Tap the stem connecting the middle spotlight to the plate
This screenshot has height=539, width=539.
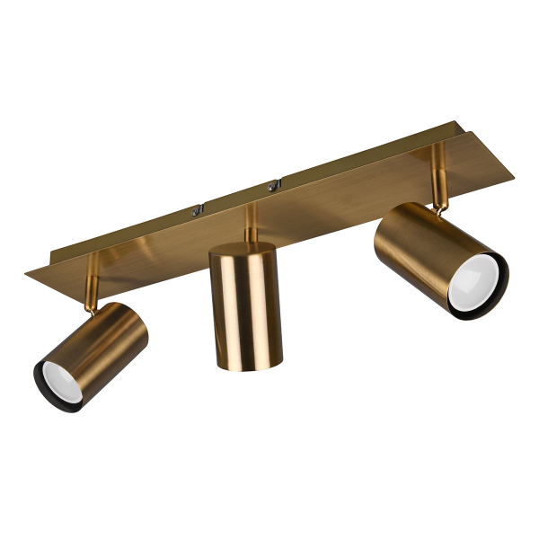(x=252, y=225)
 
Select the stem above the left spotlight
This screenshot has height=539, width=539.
(x=92, y=274)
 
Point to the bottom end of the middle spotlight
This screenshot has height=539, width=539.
(x=246, y=362)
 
